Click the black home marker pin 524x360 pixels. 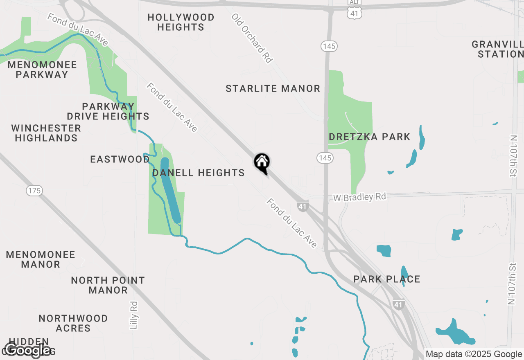point(262,162)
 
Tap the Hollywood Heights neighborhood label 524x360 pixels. point(181,22)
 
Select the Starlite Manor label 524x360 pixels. point(273,88)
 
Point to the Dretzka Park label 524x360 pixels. point(369,137)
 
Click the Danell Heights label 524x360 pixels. point(199,173)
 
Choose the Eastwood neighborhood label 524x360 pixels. point(120,159)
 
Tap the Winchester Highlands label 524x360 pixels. point(46,133)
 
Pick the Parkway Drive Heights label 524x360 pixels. point(108,111)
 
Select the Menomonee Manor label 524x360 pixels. point(41,259)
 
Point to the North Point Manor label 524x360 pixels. point(108,285)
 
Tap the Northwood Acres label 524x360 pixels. point(73,323)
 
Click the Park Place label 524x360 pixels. point(387,279)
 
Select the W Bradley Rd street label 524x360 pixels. point(359,197)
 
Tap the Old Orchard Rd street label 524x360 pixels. point(252,38)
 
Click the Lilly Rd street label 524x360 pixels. point(134,315)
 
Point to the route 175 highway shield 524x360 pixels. point(34,190)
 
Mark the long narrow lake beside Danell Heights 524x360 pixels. point(170,190)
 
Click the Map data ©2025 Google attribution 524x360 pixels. point(474,354)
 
